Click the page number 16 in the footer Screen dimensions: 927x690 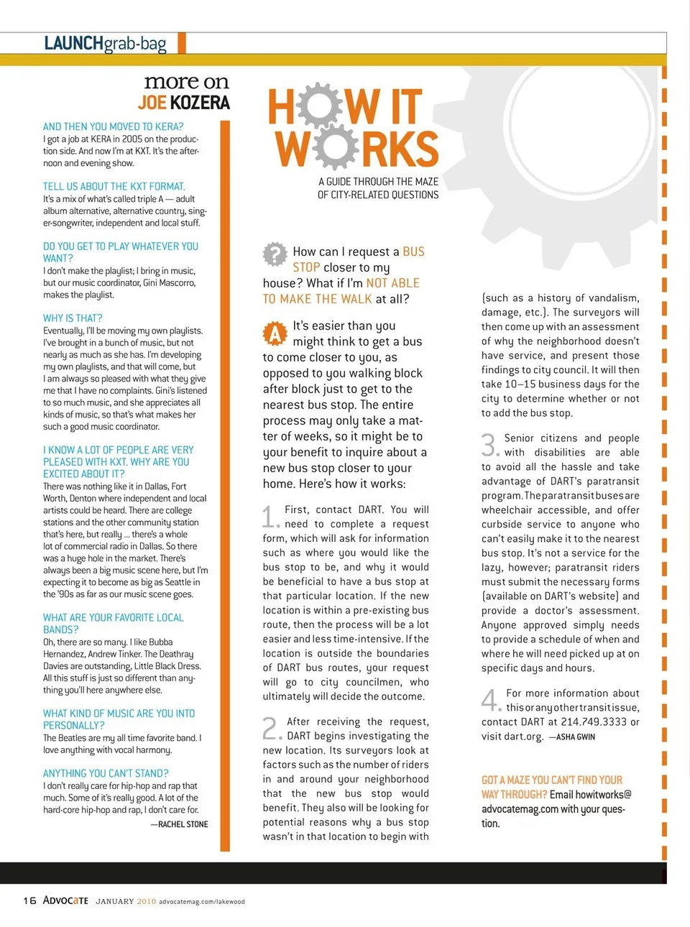(29, 900)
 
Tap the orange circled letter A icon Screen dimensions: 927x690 (275, 334)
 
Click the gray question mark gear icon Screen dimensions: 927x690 (275, 254)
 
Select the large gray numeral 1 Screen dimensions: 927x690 (270, 517)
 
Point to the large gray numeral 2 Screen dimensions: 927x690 (270, 728)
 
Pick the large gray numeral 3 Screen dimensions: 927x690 (489, 445)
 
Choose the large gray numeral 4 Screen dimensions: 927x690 (490, 699)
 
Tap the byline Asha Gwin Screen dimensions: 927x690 (576, 737)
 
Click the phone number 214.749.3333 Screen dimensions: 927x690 (594, 721)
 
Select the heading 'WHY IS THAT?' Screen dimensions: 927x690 (73, 318)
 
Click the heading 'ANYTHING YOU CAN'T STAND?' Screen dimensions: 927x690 (106, 773)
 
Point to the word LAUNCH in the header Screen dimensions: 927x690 (73, 43)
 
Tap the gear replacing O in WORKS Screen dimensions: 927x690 (334, 148)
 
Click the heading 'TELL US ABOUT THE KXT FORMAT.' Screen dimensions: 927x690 (114, 186)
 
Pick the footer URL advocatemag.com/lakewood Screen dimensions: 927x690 (202, 901)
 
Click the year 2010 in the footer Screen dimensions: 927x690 (147, 901)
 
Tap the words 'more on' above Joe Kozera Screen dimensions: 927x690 (186, 82)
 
